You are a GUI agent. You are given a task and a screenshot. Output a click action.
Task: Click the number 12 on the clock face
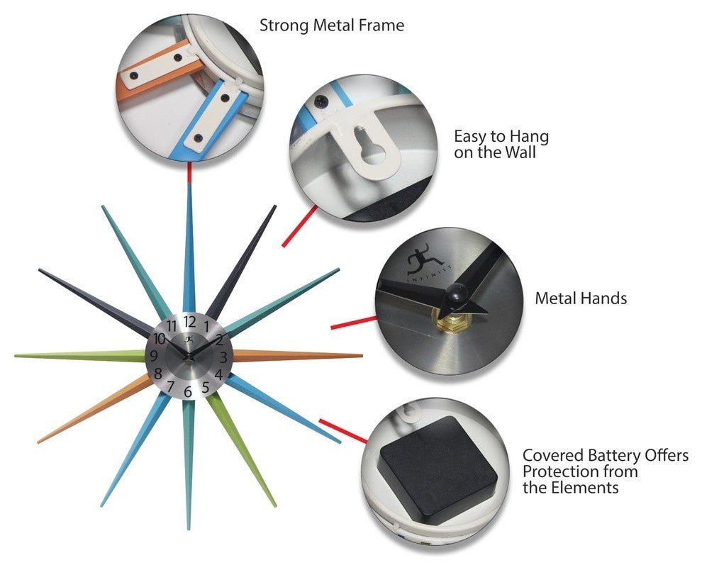(189, 322)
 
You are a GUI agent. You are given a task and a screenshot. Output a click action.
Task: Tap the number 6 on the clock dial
(188, 392)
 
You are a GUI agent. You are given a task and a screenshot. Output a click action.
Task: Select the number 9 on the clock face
(154, 357)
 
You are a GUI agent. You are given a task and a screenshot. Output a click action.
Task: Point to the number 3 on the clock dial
(223, 357)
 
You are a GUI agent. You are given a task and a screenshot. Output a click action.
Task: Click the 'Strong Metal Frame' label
(332, 25)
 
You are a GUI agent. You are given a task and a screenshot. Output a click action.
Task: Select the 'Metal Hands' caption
(581, 298)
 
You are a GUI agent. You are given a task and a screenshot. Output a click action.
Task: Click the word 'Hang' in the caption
(529, 137)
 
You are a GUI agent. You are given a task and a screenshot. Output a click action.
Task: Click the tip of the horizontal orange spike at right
(362, 356)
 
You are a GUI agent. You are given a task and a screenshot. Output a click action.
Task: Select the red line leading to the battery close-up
(343, 431)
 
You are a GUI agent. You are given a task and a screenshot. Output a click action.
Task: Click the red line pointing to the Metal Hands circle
(354, 323)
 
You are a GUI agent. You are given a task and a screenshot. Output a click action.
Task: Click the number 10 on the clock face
(160, 338)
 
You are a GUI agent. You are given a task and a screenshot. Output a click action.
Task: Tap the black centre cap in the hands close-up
(457, 294)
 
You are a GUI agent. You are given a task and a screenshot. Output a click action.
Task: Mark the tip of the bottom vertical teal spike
(189, 529)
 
